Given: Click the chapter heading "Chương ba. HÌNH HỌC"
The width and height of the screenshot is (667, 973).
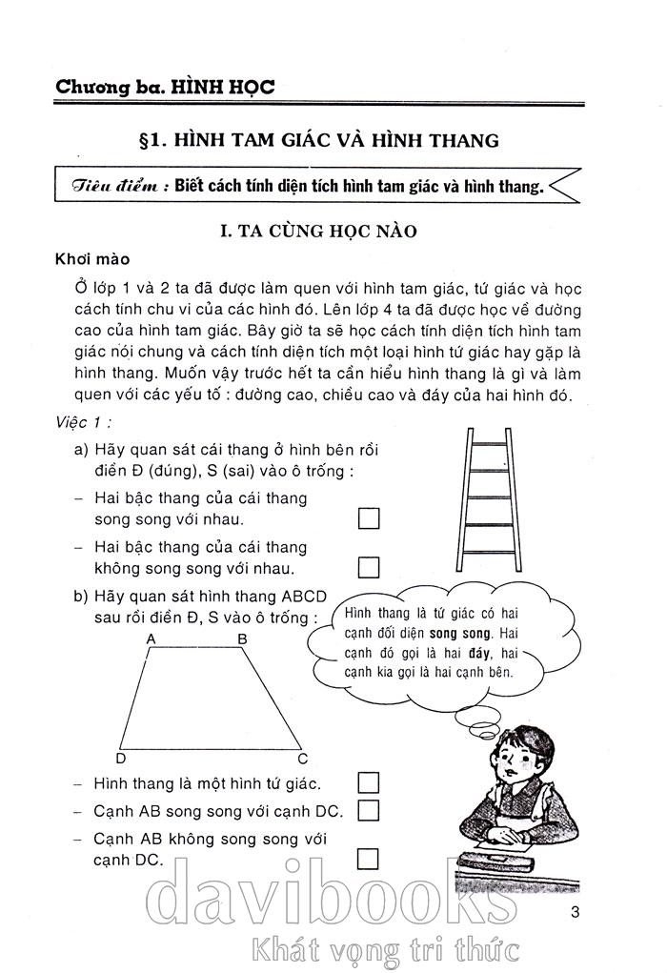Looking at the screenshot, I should (x=165, y=86).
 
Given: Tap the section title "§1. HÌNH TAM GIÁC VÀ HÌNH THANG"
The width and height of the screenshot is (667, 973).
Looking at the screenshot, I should (x=318, y=140).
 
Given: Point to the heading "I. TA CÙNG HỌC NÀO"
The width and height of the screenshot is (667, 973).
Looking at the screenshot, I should (x=317, y=231).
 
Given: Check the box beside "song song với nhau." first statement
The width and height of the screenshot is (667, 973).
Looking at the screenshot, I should (x=368, y=518).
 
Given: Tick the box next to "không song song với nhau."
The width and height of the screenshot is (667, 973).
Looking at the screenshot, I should (x=368, y=568).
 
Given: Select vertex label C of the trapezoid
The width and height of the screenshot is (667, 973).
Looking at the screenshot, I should (x=302, y=759).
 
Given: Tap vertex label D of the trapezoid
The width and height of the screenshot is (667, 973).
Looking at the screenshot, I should (x=120, y=759).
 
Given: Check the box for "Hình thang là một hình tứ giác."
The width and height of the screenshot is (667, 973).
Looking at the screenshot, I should (x=368, y=783).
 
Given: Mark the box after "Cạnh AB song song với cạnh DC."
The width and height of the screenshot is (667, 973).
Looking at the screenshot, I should (x=368, y=811).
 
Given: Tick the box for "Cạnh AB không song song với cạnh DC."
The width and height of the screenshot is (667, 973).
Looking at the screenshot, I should (x=368, y=859).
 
